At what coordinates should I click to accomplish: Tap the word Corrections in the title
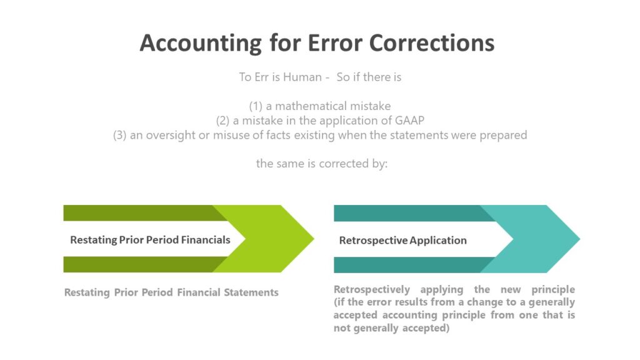(x=432, y=43)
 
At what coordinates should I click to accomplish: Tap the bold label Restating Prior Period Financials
(x=150, y=240)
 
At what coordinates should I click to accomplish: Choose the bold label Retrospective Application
(x=402, y=241)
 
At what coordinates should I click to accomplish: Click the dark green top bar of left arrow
(x=137, y=212)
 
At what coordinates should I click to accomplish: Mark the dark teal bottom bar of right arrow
(x=406, y=265)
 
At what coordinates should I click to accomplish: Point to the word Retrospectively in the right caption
(x=372, y=290)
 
